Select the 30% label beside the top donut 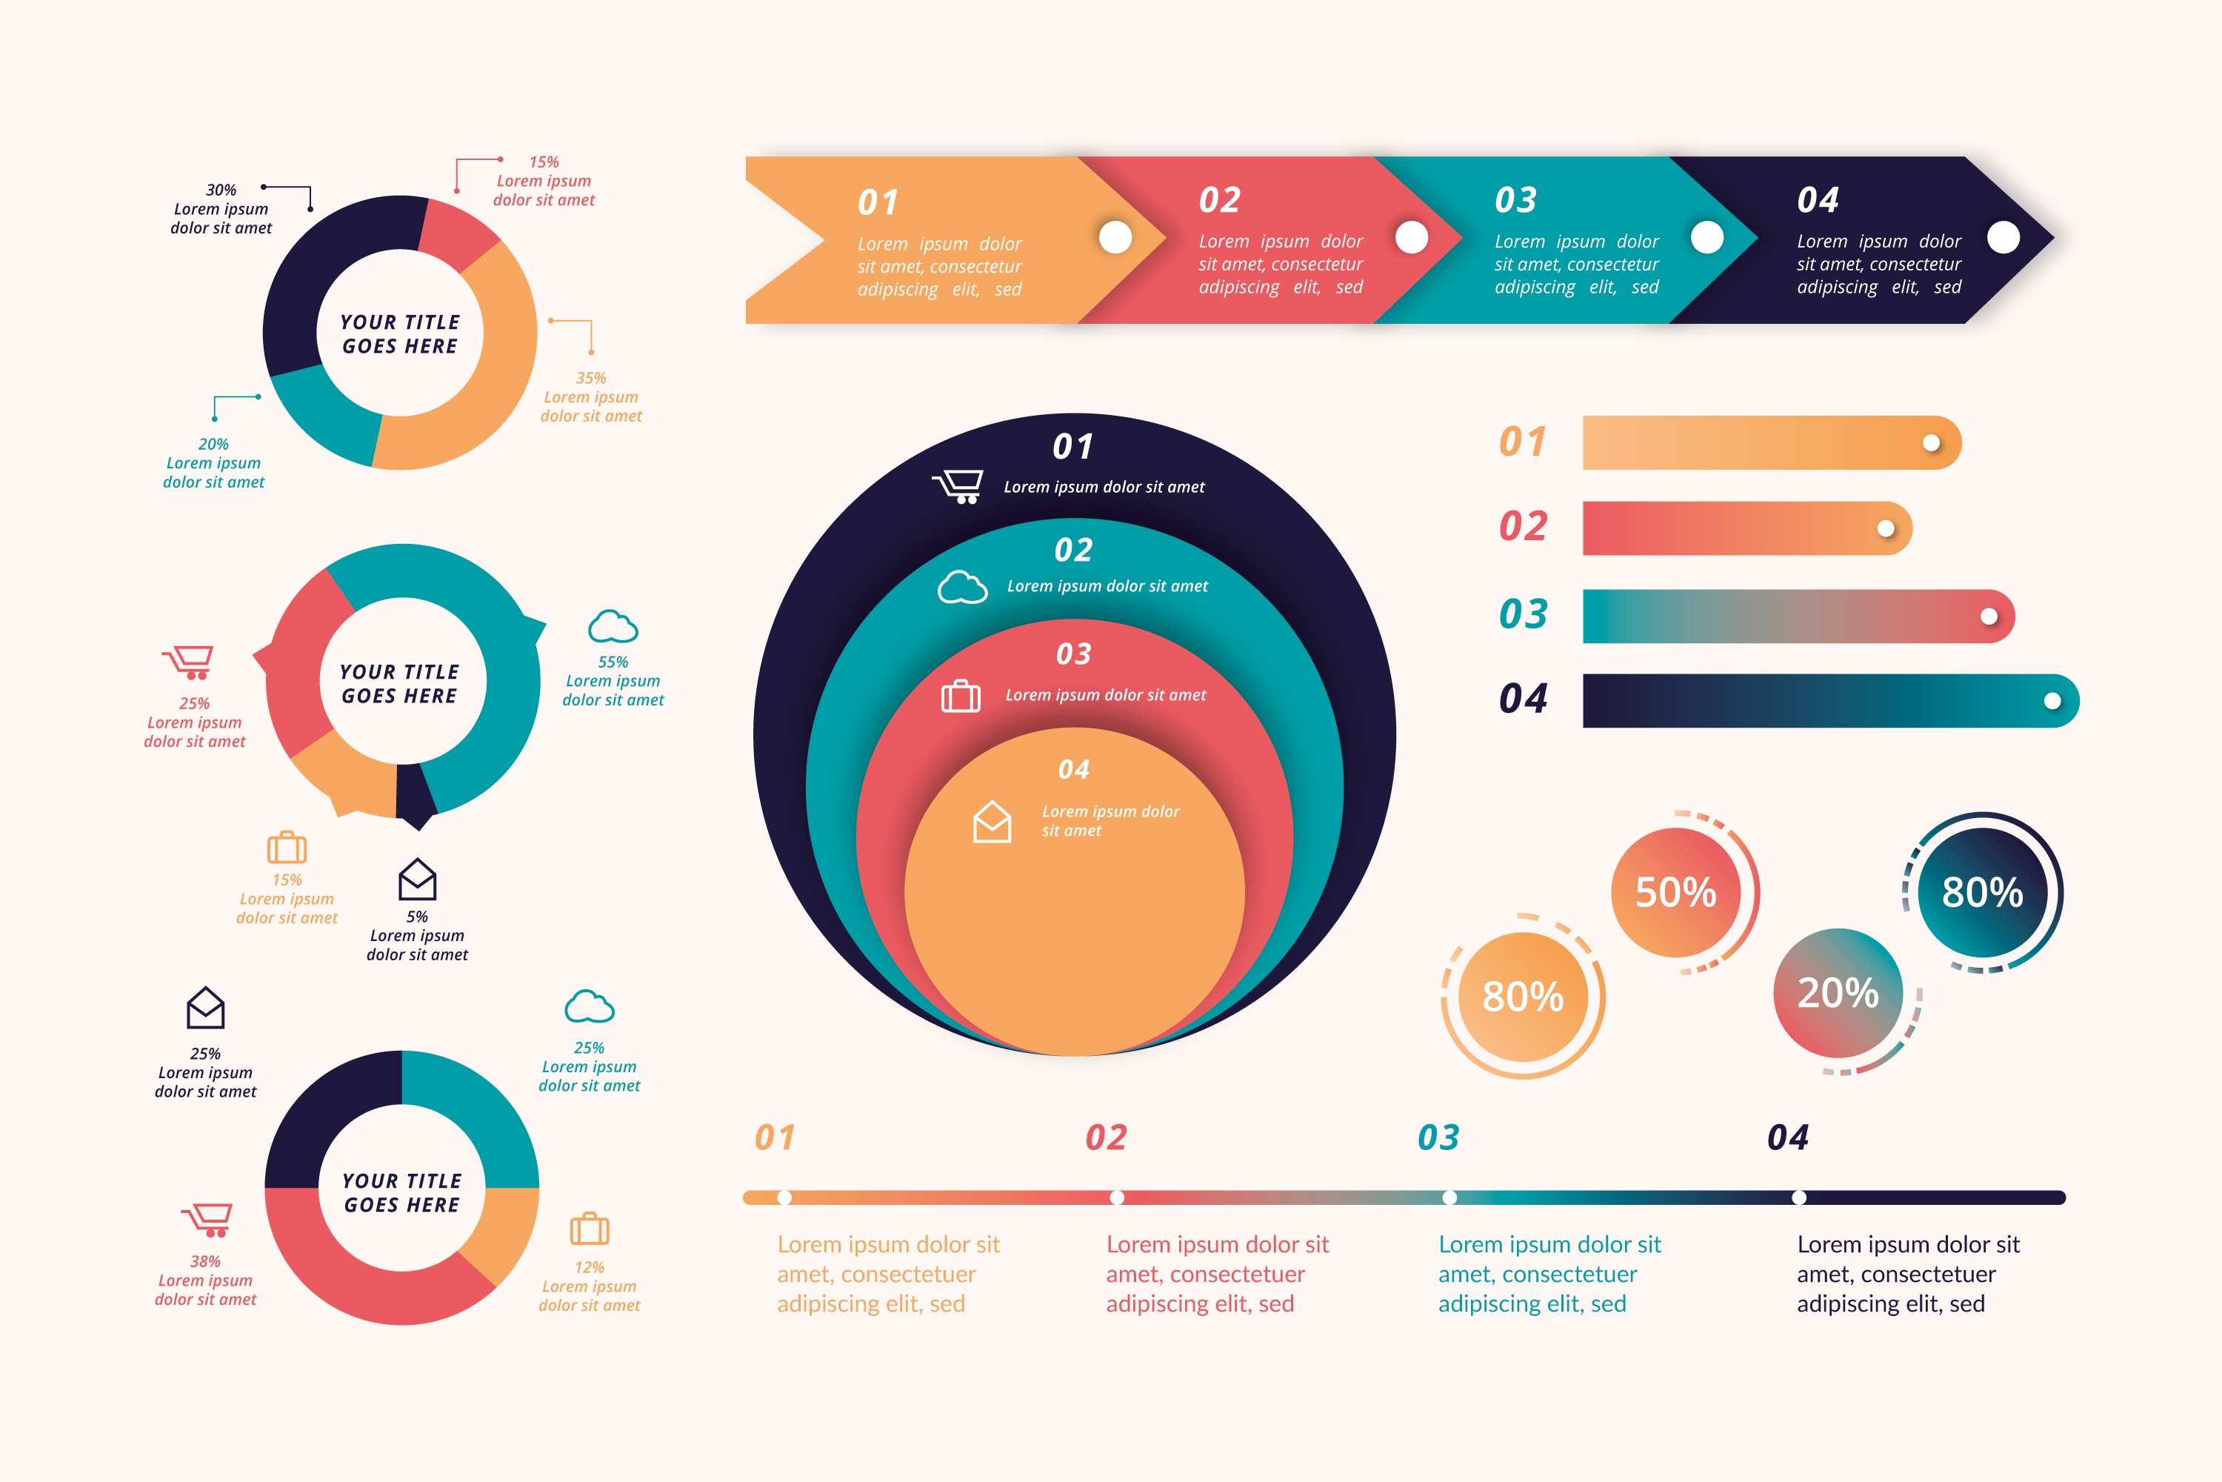221,190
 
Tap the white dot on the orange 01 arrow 1115,237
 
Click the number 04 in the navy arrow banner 1817,200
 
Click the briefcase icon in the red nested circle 961,696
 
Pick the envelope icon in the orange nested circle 992,821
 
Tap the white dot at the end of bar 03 1989,617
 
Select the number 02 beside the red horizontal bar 1523,526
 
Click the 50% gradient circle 1675,892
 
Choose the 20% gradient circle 1838,992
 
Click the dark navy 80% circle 1982,892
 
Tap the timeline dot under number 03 1449,1197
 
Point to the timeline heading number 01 775,1137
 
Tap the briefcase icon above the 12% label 590,1229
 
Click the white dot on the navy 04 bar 2052,701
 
